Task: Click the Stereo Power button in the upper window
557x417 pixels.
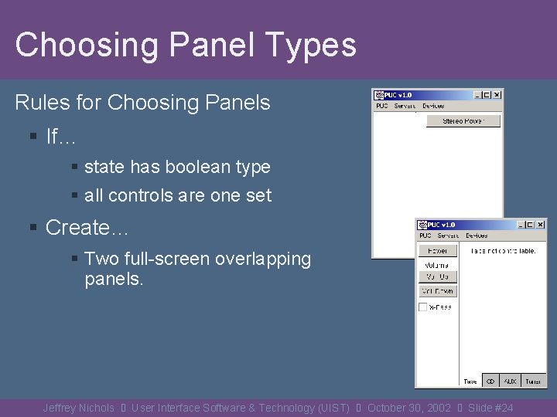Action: [x=463, y=121]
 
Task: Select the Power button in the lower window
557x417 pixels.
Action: [x=438, y=251]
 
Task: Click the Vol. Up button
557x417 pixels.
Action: [x=438, y=276]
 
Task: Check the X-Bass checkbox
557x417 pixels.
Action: [x=423, y=307]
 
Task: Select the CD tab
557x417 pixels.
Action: [x=490, y=381]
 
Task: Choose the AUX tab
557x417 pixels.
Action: [x=510, y=381]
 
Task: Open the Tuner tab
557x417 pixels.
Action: [x=532, y=381]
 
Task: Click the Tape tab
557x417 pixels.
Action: [x=470, y=381]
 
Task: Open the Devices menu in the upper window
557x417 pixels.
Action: [x=433, y=106]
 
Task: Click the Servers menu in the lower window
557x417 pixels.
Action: [x=448, y=236]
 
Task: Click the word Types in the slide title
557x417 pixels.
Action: [x=309, y=45]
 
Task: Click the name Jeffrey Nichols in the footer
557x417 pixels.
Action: [x=78, y=408]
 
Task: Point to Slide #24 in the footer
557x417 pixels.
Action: [x=490, y=408]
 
